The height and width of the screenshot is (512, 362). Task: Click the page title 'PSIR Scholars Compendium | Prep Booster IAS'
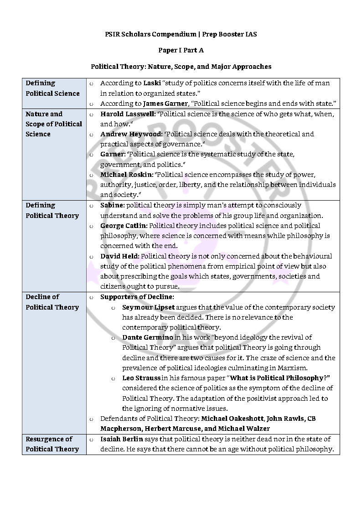tap(181, 34)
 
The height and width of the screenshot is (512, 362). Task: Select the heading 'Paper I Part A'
tap(181, 50)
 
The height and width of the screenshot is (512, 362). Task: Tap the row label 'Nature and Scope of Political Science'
tap(54, 124)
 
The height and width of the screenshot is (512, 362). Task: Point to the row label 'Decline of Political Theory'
tap(52, 302)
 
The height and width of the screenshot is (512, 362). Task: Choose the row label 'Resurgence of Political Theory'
tap(52, 444)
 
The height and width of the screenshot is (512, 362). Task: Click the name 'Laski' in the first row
tap(152, 83)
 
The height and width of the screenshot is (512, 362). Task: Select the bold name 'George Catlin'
tap(124, 226)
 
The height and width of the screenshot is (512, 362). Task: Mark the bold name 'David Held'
tap(119, 256)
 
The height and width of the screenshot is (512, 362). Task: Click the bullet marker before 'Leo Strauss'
tap(113, 378)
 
